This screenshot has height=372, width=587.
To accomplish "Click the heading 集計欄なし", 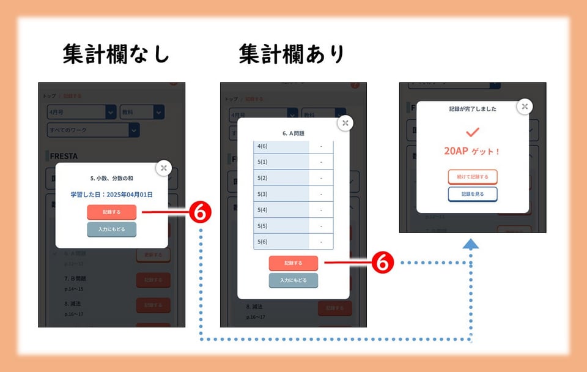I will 116,55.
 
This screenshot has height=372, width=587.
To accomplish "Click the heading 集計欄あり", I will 292,55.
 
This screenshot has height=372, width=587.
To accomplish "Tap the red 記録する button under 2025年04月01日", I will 111,212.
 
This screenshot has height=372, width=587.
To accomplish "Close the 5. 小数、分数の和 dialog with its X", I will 163,168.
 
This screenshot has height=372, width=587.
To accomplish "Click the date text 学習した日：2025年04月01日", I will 111,195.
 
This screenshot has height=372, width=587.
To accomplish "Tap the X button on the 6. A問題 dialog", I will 345,123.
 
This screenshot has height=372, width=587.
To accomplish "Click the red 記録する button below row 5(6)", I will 293,263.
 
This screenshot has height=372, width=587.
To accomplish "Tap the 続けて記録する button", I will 473,177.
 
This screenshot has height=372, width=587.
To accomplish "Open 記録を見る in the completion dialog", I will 473,194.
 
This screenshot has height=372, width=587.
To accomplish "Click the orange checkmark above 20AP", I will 473,132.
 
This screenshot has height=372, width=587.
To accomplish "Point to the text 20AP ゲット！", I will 472,151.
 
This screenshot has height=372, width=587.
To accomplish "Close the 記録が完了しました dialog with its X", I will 524,106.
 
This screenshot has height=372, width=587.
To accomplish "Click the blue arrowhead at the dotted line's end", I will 470,244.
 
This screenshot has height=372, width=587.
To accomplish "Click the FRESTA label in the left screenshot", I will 64,155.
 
